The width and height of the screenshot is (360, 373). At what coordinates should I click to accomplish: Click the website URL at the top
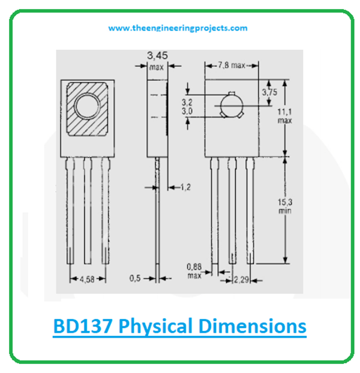pyautogui.click(x=178, y=28)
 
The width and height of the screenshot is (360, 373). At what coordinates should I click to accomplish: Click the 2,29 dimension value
pyautogui.click(x=241, y=279)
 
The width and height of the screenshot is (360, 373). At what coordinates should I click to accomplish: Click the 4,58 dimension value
pyautogui.click(x=88, y=279)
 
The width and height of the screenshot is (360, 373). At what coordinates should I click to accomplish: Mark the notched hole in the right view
pyautogui.click(x=230, y=104)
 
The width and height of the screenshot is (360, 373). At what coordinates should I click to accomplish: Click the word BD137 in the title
pyautogui.click(x=83, y=327)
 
